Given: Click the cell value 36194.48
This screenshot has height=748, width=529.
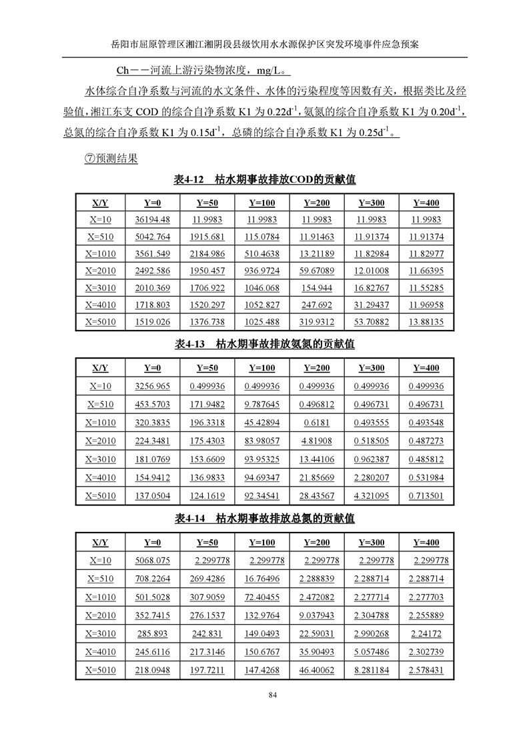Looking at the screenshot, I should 152,219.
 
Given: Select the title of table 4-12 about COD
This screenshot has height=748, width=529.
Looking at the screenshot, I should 264,180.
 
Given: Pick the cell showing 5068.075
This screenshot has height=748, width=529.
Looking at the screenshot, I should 152,561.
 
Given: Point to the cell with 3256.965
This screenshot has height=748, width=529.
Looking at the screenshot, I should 152,386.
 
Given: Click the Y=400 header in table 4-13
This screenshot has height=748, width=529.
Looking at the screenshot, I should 426,368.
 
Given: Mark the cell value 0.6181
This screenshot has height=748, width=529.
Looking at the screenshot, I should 316,423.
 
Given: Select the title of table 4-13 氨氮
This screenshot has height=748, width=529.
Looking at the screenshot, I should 264,345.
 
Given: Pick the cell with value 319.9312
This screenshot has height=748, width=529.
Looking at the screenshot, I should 316,323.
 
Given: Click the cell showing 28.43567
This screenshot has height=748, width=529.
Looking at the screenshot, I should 316,495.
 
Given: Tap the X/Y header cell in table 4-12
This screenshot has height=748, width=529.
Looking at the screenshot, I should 101,203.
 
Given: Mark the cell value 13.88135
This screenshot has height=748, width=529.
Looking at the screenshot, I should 426,323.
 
